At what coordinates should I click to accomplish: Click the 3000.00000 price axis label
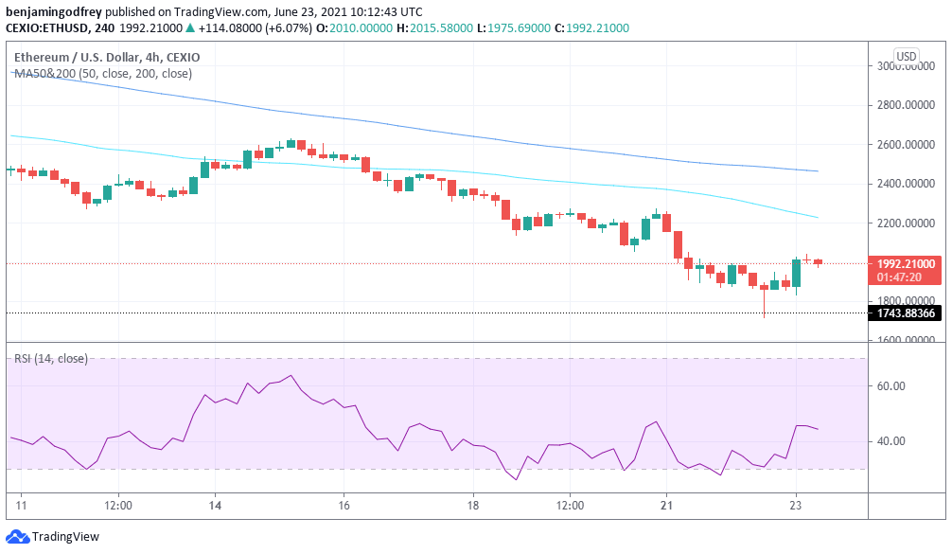pyautogui.click(x=906, y=66)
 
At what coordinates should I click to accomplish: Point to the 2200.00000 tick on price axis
pyautogui.click(x=906, y=223)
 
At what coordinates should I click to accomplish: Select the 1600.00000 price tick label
pyautogui.click(x=906, y=341)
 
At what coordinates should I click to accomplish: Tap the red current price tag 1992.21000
pyautogui.click(x=906, y=264)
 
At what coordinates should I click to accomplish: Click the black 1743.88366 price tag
pyautogui.click(x=906, y=313)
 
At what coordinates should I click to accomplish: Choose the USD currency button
pyautogui.click(x=906, y=56)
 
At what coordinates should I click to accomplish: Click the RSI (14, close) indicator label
pyautogui.click(x=50, y=359)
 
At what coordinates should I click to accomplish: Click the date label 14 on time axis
pyautogui.click(x=215, y=506)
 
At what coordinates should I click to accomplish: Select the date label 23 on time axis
pyautogui.click(x=795, y=506)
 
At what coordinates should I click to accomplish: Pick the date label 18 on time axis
pyautogui.click(x=474, y=506)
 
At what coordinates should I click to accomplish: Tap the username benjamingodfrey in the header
pyautogui.click(x=54, y=11)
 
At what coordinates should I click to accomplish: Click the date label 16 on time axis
pyautogui.click(x=344, y=506)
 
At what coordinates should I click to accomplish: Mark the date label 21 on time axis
pyautogui.click(x=666, y=506)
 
